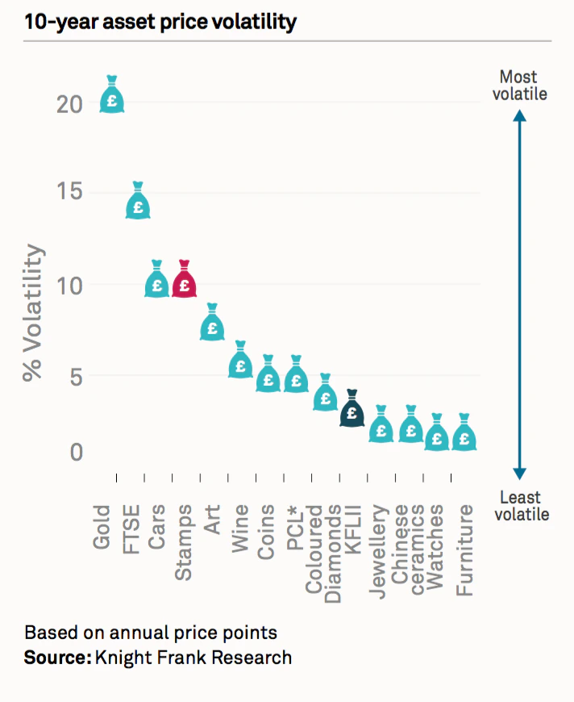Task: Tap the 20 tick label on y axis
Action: pos(71,105)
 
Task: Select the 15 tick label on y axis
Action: pos(71,194)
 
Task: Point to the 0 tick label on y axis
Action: pos(76,452)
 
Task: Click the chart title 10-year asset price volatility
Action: pos(160,22)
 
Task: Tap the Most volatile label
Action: pos(521,86)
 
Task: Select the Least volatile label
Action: pos(521,506)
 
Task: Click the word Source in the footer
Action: pos(57,658)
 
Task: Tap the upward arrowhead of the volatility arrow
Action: pos(520,115)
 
